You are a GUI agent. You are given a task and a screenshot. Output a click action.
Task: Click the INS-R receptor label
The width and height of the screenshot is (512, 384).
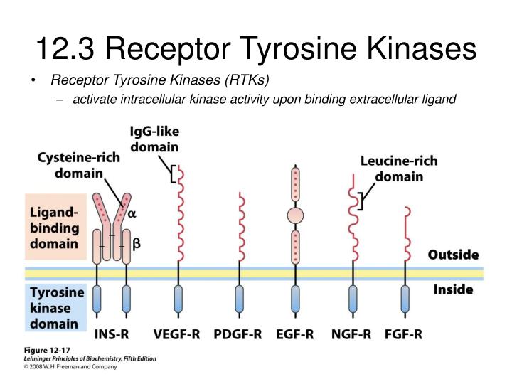tap(112, 334)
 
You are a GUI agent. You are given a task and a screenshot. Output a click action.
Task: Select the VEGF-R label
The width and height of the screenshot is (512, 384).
tap(176, 334)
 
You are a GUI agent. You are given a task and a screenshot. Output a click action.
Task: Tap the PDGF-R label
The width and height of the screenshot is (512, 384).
tap(238, 334)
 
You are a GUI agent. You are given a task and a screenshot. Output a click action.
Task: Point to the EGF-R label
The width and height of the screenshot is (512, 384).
tap(295, 334)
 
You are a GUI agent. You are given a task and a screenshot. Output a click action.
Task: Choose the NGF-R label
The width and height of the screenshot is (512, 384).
tap(351, 334)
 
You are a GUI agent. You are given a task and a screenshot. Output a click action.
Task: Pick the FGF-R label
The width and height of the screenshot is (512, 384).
tap(404, 334)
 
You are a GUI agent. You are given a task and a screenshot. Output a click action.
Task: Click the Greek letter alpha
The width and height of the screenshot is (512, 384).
tap(132, 214)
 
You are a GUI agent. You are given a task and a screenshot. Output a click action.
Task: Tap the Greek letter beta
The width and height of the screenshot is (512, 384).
tap(137, 244)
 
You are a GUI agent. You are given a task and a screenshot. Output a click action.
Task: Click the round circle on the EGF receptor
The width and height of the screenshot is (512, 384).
tap(296, 215)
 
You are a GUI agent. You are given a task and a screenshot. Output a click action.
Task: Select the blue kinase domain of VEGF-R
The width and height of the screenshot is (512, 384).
tap(178, 299)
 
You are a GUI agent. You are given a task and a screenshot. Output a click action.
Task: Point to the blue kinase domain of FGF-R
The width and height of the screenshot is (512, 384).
tap(405, 299)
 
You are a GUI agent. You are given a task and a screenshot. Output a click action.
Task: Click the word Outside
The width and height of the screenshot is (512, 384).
tap(453, 255)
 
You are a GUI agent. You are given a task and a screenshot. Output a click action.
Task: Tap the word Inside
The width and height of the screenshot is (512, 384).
tap(453, 289)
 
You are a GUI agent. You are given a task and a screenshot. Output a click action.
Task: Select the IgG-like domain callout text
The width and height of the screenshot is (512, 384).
tap(154, 139)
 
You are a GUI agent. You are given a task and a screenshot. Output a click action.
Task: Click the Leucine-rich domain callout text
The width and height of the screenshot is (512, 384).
tap(399, 169)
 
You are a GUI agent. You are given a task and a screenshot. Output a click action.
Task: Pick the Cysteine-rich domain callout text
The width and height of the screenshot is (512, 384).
tap(79, 165)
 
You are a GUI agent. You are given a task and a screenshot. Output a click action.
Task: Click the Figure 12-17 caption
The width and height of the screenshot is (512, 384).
tap(47, 351)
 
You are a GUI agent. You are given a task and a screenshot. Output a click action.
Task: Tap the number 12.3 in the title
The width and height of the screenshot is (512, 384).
tap(65, 48)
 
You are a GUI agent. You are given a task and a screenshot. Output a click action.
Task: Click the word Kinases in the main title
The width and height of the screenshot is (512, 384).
tap(422, 48)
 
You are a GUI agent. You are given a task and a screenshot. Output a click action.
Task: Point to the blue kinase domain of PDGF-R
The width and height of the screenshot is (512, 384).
tap(240, 299)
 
